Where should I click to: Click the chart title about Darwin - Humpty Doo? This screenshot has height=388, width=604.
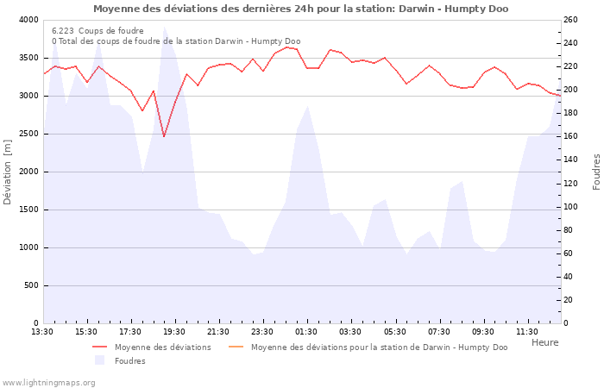click(300, 9)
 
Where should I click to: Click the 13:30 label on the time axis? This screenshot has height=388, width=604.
click(42, 332)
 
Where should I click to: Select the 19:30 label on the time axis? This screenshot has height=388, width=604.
click(174, 332)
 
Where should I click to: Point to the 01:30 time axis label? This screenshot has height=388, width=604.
click(306, 332)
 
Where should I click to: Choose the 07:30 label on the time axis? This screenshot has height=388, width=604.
click(438, 332)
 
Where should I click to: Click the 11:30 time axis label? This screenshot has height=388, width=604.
click(526, 332)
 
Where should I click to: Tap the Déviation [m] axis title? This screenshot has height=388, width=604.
click(8, 172)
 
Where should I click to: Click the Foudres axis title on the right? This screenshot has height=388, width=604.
click(596, 172)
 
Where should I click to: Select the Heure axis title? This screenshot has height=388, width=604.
click(544, 342)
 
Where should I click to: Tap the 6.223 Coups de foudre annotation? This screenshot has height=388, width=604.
click(98, 30)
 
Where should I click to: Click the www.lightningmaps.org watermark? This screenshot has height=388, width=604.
click(48, 383)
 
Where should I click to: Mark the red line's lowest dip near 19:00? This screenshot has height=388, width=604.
click(164, 136)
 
